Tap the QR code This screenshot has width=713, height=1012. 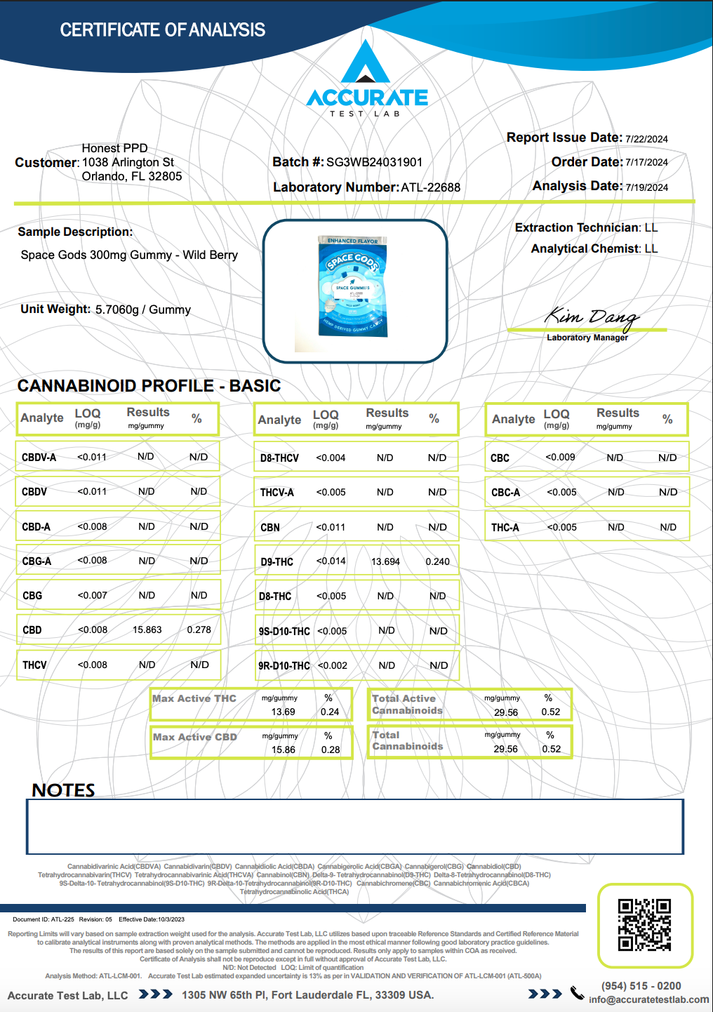[x=644, y=925]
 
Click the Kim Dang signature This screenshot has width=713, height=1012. [x=591, y=317]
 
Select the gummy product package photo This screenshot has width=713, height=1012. [x=353, y=286]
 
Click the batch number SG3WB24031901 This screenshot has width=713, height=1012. [x=375, y=162]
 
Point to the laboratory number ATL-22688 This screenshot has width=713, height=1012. [x=431, y=187]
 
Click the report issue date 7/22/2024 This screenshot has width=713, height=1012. [x=646, y=139]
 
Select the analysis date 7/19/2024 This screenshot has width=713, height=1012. [x=646, y=187]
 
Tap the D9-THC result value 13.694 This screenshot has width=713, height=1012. [x=385, y=561]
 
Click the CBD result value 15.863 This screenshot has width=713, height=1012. [x=147, y=630]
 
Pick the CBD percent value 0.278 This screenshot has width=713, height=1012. [x=199, y=630]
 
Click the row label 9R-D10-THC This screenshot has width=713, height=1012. [x=284, y=665]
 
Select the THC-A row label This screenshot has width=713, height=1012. [x=505, y=528]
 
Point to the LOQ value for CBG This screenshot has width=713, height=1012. [x=93, y=595]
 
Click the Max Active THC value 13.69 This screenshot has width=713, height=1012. [x=283, y=712]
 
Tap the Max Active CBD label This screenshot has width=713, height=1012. [x=195, y=737]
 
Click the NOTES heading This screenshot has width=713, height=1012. [x=63, y=790]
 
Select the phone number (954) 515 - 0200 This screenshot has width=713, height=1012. [x=641, y=986]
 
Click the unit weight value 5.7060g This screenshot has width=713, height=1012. [x=117, y=309]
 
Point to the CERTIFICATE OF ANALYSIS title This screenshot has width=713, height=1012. [x=162, y=30]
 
